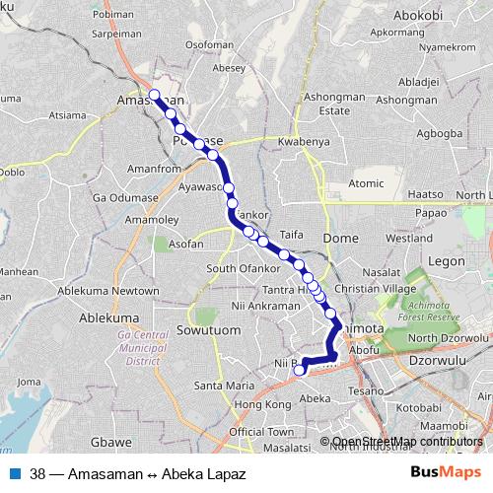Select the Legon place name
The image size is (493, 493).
pos(447,261)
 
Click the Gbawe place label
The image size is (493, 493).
pos(111,443)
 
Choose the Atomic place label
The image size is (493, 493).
pos(366,183)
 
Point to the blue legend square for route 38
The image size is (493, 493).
pos(14,473)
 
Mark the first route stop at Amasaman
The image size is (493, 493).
pos(155,95)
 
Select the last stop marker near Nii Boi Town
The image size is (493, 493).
pos(300,372)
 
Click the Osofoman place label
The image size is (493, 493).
pos(209,45)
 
